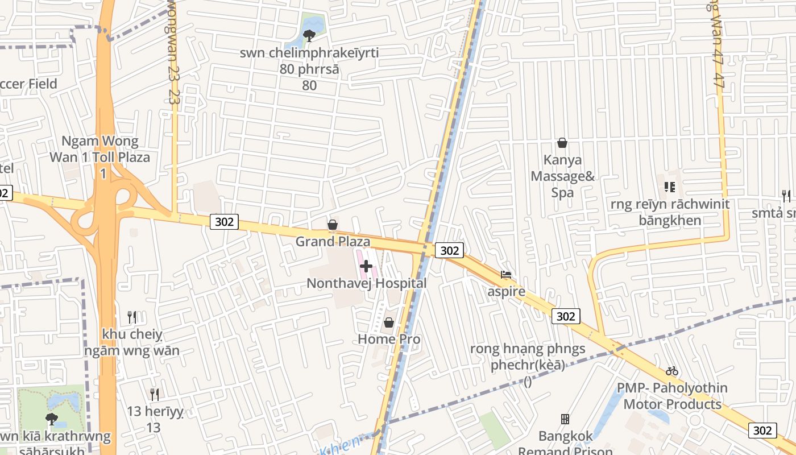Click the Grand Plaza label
click(x=333, y=242)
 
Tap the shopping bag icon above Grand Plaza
click(x=333, y=225)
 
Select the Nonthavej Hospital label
click(x=366, y=283)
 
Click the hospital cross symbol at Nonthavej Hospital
click(x=366, y=266)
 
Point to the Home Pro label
click(x=389, y=340)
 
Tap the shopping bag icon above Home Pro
click(x=389, y=322)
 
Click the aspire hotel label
click(x=507, y=292)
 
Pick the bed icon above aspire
click(x=506, y=275)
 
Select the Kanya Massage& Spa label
click(x=562, y=176)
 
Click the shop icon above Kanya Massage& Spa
click(x=562, y=143)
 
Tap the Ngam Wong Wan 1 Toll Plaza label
click(x=100, y=149)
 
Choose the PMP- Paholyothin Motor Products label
click(x=672, y=396)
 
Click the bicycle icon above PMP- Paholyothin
click(x=672, y=371)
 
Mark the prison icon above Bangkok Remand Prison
click(x=565, y=419)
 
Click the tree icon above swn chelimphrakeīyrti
click(x=309, y=36)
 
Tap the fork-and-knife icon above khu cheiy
click(x=132, y=316)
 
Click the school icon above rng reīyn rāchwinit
click(x=669, y=187)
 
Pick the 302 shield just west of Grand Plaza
click(x=225, y=222)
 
